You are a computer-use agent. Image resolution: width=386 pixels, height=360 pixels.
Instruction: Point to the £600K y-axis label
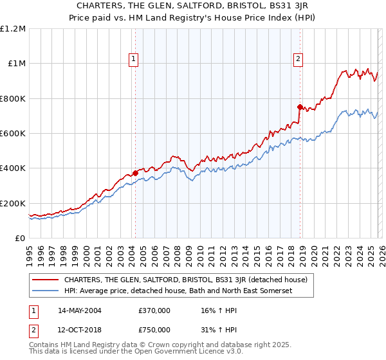[x=12, y=134]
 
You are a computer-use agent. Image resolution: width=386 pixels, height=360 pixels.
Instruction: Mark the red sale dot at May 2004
[x=136, y=172]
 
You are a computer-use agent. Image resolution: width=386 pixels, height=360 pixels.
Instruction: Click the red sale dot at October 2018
[x=300, y=107]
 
